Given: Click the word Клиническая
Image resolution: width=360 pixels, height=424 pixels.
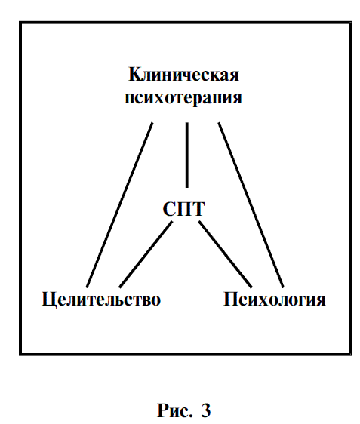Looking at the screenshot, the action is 183,75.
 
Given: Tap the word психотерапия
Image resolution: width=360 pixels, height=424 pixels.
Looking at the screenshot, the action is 183,98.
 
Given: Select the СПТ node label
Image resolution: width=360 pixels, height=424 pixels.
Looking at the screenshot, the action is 183,209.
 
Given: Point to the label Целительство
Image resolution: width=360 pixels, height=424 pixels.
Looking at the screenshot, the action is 101,300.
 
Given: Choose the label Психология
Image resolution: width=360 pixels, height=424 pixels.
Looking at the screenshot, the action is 275,300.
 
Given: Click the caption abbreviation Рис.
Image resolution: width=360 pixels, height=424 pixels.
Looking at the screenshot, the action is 175,410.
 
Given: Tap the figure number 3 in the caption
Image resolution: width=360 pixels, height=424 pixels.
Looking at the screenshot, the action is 205,410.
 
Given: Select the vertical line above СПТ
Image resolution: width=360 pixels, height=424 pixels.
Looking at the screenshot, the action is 187,155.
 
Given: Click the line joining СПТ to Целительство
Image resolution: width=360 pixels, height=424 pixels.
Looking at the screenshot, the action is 146,254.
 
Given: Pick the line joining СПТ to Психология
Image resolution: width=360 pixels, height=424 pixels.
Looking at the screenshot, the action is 226,254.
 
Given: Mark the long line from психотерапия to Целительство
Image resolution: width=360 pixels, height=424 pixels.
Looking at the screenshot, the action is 119,205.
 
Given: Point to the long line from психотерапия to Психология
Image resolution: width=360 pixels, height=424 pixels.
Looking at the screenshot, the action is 251,205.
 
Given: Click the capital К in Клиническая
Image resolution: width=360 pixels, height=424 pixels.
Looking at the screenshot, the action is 134,75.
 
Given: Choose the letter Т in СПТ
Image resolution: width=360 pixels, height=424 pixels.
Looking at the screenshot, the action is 198,209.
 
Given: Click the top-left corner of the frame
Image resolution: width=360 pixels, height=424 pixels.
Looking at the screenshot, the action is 20,23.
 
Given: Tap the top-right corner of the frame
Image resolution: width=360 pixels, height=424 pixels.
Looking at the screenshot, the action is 350,23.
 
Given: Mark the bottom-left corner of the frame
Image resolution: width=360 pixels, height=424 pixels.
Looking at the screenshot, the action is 20,354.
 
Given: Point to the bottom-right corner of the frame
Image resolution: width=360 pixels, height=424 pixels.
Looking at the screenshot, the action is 350,354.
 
